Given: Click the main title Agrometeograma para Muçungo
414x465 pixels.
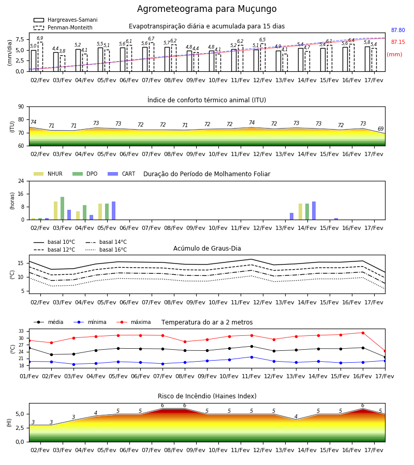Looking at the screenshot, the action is pyautogui.click(x=206, y=9).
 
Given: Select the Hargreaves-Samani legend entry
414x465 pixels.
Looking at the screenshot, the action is pyautogui.click(x=66, y=20).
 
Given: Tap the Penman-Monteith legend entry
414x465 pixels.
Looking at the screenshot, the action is pyautogui.click(x=63, y=27).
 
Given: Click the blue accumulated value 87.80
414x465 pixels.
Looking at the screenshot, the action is pyautogui.click(x=398, y=30).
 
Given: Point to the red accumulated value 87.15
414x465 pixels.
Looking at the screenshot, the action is pyautogui.click(x=398, y=42).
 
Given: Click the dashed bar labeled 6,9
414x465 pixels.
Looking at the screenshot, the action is pyautogui.click(x=40, y=57).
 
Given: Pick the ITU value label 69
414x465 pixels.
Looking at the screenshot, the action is pyautogui.click(x=380, y=129).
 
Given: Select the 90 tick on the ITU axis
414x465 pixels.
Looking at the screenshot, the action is pyautogui.click(x=21, y=107).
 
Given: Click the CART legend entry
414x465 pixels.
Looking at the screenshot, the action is pyautogui.click(x=122, y=174).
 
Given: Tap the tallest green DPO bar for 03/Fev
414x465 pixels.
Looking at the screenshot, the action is pyautogui.click(x=63, y=208).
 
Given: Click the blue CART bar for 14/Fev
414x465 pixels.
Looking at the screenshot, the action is pyautogui.click(x=314, y=211).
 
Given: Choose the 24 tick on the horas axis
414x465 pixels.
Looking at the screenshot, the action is pyautogui.click(x=21, y=181).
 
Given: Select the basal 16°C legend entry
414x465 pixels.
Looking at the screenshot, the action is pyautogui.click(x=106, y=250).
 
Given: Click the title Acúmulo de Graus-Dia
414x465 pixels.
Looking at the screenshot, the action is pyautogui.click(x=207, y=248).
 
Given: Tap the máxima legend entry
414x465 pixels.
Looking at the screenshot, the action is pyautogui.click(x=134, y=322).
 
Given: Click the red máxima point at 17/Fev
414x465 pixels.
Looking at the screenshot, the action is pyautogui.click(x=385, y=351).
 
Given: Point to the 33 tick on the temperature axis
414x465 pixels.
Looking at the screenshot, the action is pyautogui.click(x=21, y=331).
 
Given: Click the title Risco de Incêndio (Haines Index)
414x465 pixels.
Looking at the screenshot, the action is pyautogui.click(x=207, y=396).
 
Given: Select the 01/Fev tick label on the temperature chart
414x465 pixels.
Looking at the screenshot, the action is pyautogui.click(x=29, y=376).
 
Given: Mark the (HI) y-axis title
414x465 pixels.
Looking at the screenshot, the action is pyautogui.click(x=9, y=423).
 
